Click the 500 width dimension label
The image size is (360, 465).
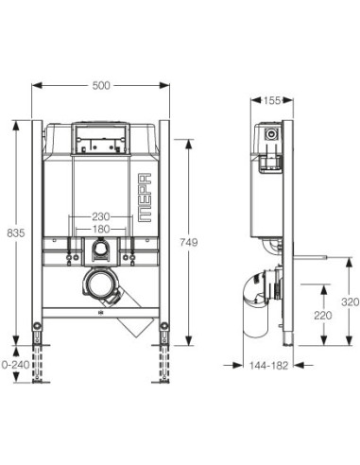coord(102,85)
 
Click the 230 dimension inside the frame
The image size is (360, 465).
coord(102,215)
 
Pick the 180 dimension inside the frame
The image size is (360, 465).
coord(102,229)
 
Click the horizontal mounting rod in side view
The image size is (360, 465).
coord(307,254)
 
